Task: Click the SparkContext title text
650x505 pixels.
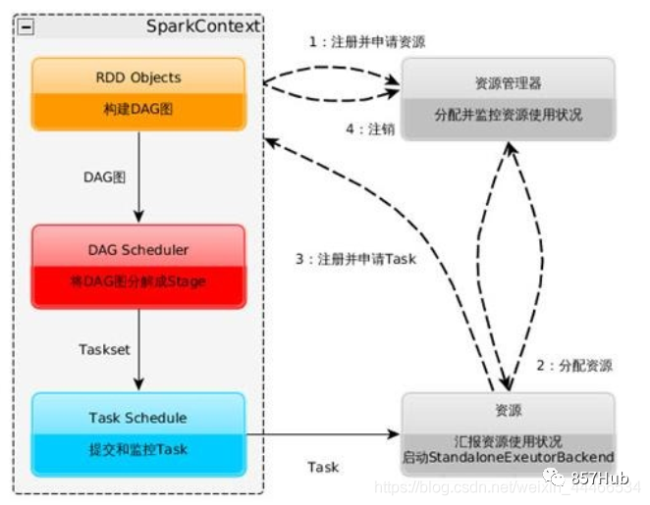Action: pyautogui.click(x=203, y=25)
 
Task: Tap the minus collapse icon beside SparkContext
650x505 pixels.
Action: pyautogui.click(x=26, y=26)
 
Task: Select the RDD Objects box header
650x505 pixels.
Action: pyautogui.click(x=138, y=77)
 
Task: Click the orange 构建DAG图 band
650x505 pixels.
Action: pyautogui.click(x=138, y=110)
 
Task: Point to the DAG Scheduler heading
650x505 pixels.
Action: pyautogui.click(x=138, y=250)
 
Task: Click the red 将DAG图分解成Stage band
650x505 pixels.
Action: pyautogui.click(x=138, y=282)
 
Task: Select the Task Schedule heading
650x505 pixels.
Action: pyautogui.click(x=138, y=418)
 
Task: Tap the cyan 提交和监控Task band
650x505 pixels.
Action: pyautogui.click(x=138, y=449)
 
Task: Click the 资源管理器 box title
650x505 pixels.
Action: pyautogui.click(x=508, y=83)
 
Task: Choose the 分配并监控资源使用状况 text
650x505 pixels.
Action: pyautogui.click(x=508, y=115)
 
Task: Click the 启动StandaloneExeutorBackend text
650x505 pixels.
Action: pyautogui.click(x=508, y=457)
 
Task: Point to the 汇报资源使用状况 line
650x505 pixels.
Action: pyautogui.click(x=508, y=440)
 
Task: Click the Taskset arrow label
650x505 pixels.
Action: pyautogui.click(x=103, y=349)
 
